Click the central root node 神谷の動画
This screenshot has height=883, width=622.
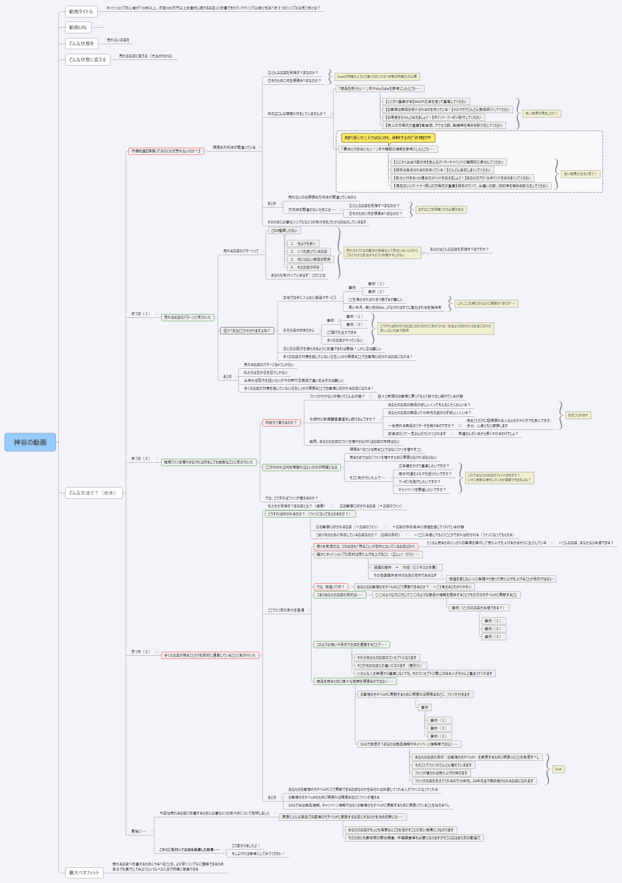30,442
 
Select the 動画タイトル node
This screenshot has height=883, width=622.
81,11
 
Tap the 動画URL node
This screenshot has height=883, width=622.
78,27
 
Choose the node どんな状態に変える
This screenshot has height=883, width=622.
87,59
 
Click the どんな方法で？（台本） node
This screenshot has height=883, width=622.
92,493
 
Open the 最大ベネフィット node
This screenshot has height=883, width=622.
84,872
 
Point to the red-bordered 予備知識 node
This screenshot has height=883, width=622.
166,151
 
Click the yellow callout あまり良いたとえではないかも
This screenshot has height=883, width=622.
387,137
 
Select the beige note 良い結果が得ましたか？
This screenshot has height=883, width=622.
541,113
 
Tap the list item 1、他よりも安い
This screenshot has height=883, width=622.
303,243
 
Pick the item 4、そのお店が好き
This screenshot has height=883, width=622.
305,267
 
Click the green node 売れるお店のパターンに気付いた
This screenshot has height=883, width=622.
187,317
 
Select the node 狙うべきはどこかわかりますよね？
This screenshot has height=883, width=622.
247,330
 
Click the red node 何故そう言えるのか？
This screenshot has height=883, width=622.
280,423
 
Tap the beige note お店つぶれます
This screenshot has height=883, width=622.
578,415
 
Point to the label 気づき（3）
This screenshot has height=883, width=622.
141,652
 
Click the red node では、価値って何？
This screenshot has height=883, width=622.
330,587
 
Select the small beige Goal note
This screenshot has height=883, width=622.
558,769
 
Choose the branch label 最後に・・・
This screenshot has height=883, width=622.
139,831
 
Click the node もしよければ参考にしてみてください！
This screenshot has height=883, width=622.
258,854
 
